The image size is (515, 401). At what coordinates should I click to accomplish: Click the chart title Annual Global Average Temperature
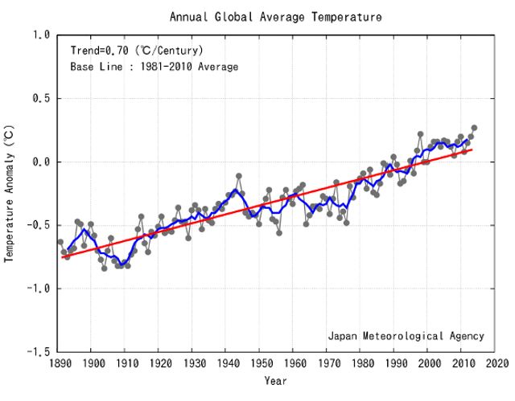[x=275, y=16]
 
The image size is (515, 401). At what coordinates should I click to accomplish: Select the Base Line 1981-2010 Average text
[x=154, y=67]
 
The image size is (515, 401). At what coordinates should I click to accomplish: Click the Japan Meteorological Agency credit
[x=406, y=335]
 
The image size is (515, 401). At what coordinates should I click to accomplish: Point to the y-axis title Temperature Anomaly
[x=10, y=193]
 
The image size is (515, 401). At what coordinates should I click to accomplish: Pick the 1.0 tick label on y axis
[x=42, y=35]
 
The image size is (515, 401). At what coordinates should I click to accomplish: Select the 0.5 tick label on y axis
[x=42, y=99]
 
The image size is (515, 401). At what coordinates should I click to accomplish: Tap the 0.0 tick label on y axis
[x=42, y=162]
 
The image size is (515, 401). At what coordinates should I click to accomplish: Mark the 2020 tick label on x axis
[x=496, y=363]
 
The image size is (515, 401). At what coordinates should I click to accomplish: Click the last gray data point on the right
[x=474, y=128]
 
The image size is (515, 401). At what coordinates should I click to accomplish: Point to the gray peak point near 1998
[x=420, y=134]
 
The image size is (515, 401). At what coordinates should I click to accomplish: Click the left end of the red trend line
[x=62, y=258]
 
